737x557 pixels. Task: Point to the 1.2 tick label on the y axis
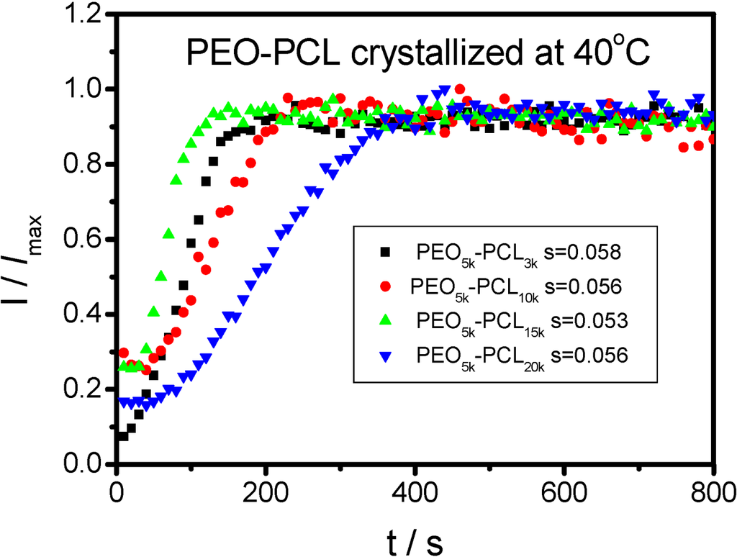(x=85, y=15)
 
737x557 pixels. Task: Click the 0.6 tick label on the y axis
(x=85, y=240)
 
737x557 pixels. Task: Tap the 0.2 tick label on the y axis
(x=85, y=390)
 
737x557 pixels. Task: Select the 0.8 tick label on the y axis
(x=85, y=165)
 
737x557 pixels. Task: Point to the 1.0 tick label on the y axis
(x=85, y=90)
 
